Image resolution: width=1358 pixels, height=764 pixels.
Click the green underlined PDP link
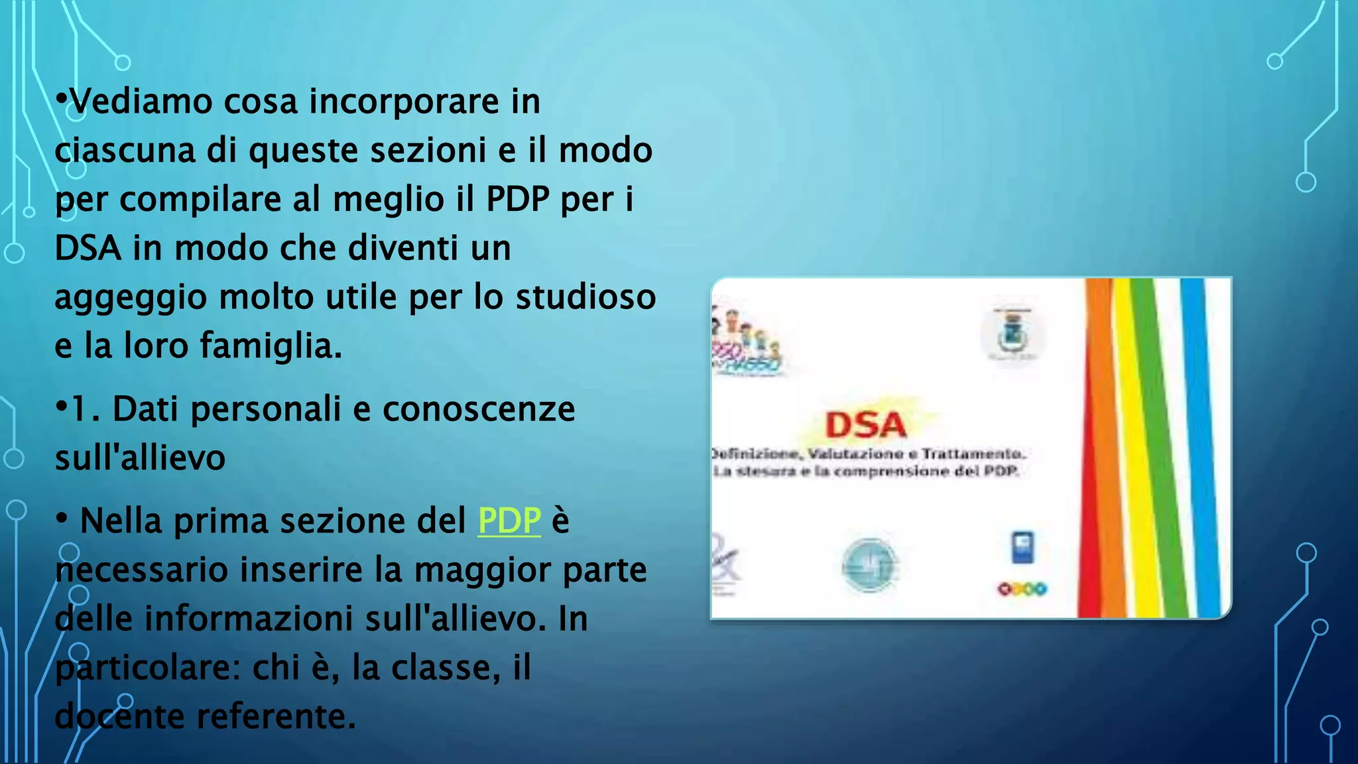[509, 521]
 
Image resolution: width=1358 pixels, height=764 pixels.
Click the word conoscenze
[479, 409]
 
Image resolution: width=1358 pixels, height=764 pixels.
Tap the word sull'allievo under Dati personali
[140, 458]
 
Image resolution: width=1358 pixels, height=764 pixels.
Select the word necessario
[141, 570]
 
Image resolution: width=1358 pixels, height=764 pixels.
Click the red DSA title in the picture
[865, 425]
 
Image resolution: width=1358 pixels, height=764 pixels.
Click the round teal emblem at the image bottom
[869, 565]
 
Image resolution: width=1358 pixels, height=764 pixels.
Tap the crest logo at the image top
[1013, 334]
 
